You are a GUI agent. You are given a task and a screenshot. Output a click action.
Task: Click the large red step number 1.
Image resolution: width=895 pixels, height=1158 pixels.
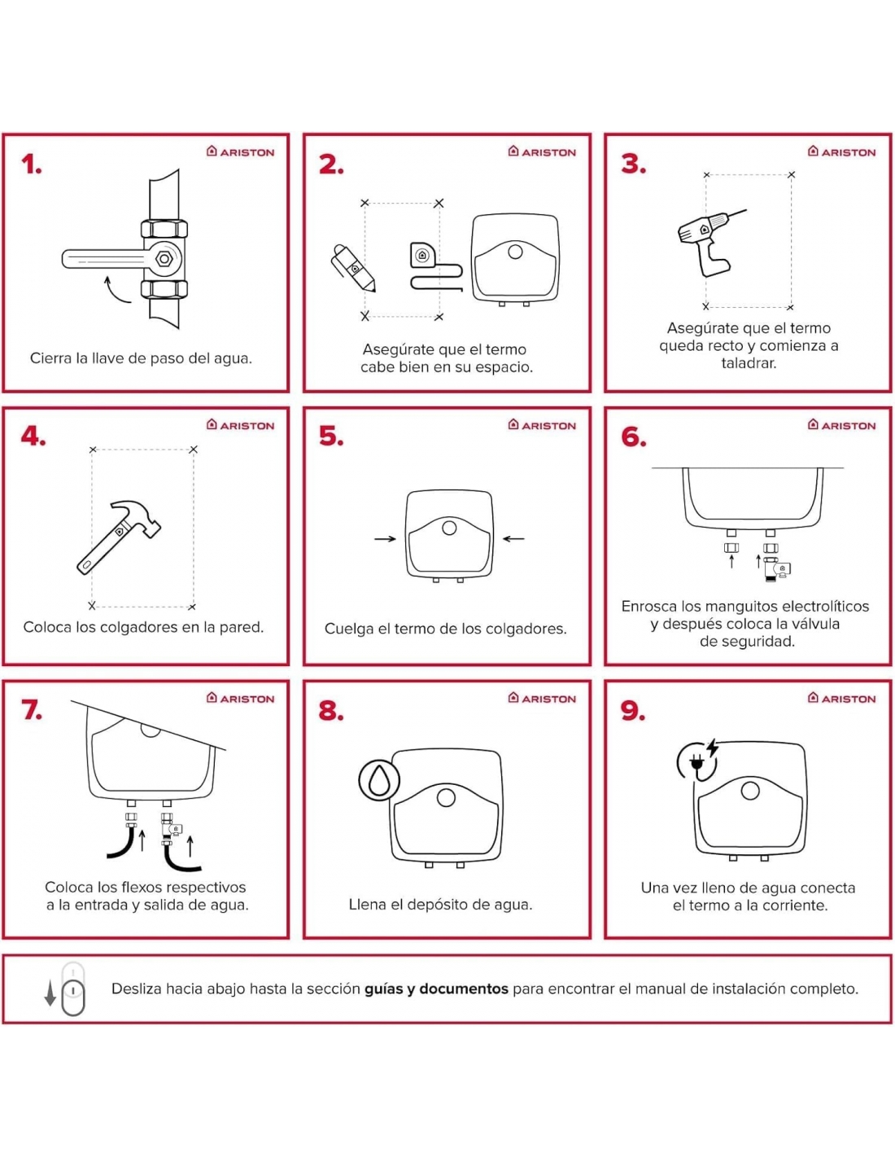pyautogui.click(x=31, y=164)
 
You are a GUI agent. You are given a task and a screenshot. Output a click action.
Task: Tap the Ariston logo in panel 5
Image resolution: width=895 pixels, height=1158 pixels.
pyautogui.click(x=541, y=425)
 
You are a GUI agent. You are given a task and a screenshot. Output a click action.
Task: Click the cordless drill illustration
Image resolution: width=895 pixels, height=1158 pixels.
pyautogui.click(x=708, y=242)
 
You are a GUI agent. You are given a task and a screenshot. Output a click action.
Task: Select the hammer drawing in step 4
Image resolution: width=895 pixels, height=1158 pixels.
pyautogui.click(x=118, y=537)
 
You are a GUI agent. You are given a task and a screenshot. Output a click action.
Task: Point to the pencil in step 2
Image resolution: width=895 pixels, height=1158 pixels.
pyautogui.click(x=354, y=268)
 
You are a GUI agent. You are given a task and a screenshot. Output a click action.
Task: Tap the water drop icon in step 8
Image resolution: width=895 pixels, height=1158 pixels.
pyautogui.click(x=378, y=781)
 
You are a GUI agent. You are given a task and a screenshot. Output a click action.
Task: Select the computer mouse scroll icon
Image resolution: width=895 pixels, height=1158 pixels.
pyautogui.click(x=73, y=989)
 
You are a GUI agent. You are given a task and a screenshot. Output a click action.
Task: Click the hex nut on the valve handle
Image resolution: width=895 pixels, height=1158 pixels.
pyautogui.click(x=164, y=259)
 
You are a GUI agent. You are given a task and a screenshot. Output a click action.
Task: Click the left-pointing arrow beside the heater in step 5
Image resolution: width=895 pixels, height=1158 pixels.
pyautogui.click(x=513, y=539)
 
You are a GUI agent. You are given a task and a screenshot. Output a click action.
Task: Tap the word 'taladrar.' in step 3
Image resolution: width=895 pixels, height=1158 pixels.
pyautogui.click(x=749, y=363)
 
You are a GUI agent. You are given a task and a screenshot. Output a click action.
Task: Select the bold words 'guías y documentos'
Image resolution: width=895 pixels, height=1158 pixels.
pyautogui.click(x=436, y=989)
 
